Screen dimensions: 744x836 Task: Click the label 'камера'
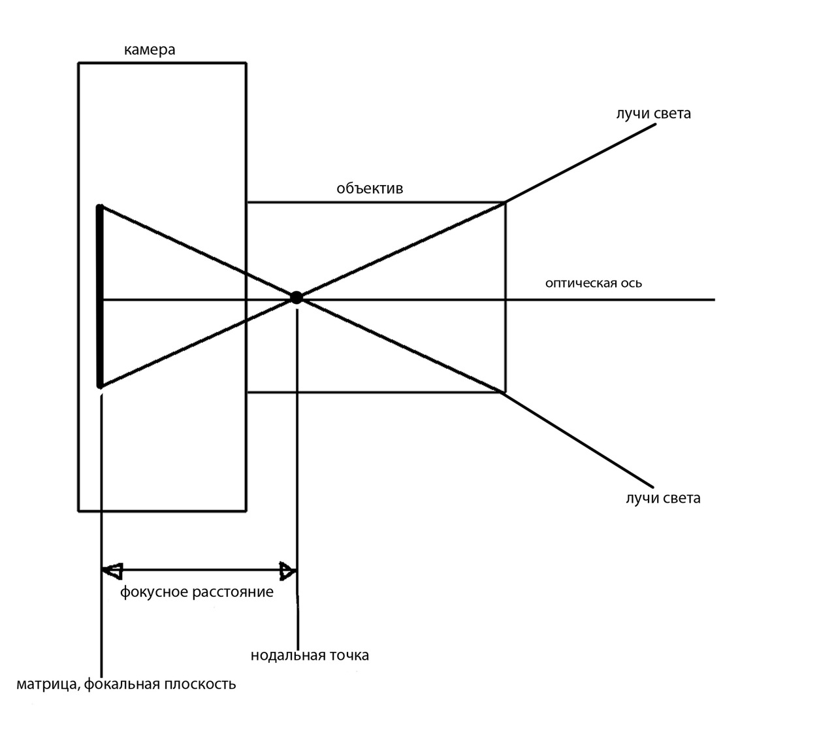coord(150,50)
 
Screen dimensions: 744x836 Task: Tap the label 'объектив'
coord(370,189)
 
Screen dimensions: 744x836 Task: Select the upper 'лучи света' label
coord(652,114)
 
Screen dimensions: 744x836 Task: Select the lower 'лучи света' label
coord(662,498)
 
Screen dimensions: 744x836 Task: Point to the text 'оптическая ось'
coord(594,283)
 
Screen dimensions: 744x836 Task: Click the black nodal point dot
coord(297,298)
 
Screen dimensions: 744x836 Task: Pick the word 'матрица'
coord(46,685)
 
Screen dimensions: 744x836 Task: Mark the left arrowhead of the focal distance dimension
coord(112,571)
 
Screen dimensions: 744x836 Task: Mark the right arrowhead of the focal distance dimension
coord(287,571)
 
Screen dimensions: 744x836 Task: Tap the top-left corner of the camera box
coord(79,63)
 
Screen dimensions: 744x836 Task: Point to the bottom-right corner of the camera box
coord(246,510)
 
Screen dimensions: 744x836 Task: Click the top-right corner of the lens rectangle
coord(505,203)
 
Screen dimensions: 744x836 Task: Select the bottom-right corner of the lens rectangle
coord(505,392)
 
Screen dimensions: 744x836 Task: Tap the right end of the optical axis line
coord(714,299)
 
